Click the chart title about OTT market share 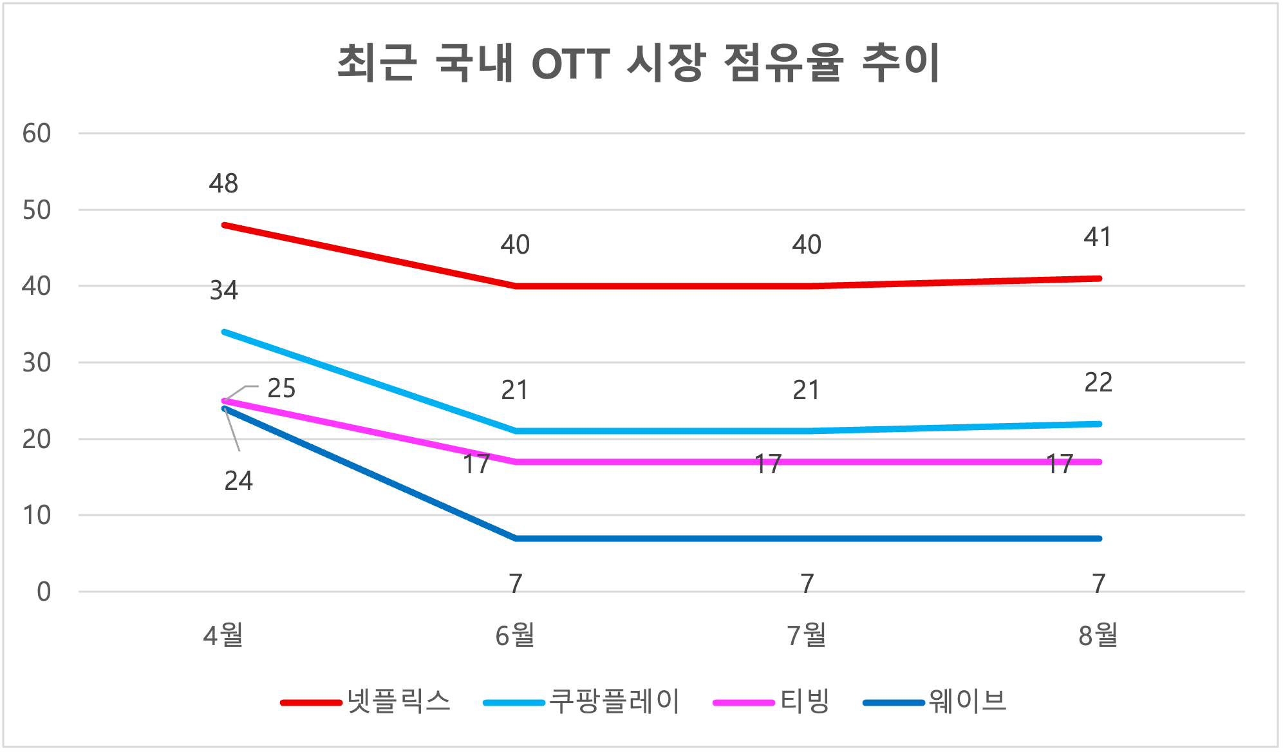pyautogui.click(x=639, y=63)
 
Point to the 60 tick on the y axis pyautogui.click(x=37, y=134)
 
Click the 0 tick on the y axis pyautogui.click(x=44, y=592)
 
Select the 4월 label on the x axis pyautogui.click(x=223, y=635)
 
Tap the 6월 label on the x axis pyautogui.click(x=515, y=635)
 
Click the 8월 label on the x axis pyautogui.click(x=1098, y=635)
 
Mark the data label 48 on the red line pyautogui.click(x=223, y=184)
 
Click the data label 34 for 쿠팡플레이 pyautogui.click(x=224, y=291)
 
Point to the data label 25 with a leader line pyautogui.click(x=281, y=388)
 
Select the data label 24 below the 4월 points pyautogui.click(x=238, y=481)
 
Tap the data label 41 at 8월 pyautogui.click(x=1098, y=238)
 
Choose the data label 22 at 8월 pyautogui.click(x=1098, y=383)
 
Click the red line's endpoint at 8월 pyautogui.click(x=1099, y=279)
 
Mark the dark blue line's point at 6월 pyautogui.click(x=516, y=538)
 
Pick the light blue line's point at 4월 pyautogui.click(x=224, y=332)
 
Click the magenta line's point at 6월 pyautogui.click(x=516, y=462)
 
